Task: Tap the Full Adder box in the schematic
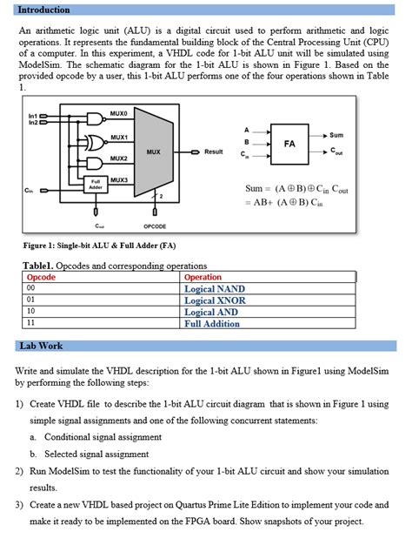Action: click(96, 185)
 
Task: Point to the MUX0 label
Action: click(119, 114)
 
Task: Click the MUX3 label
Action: click(119, 179)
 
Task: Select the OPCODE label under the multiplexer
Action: click(154, 226)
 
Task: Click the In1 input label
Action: click(33, 115)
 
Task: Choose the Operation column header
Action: click(203, 278)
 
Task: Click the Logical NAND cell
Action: click(215, 289)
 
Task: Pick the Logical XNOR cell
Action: click(215, 300)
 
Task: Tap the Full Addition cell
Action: click(212, 324)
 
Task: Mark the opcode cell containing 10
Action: click(31, 312)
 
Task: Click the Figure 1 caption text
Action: click(100, 245)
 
